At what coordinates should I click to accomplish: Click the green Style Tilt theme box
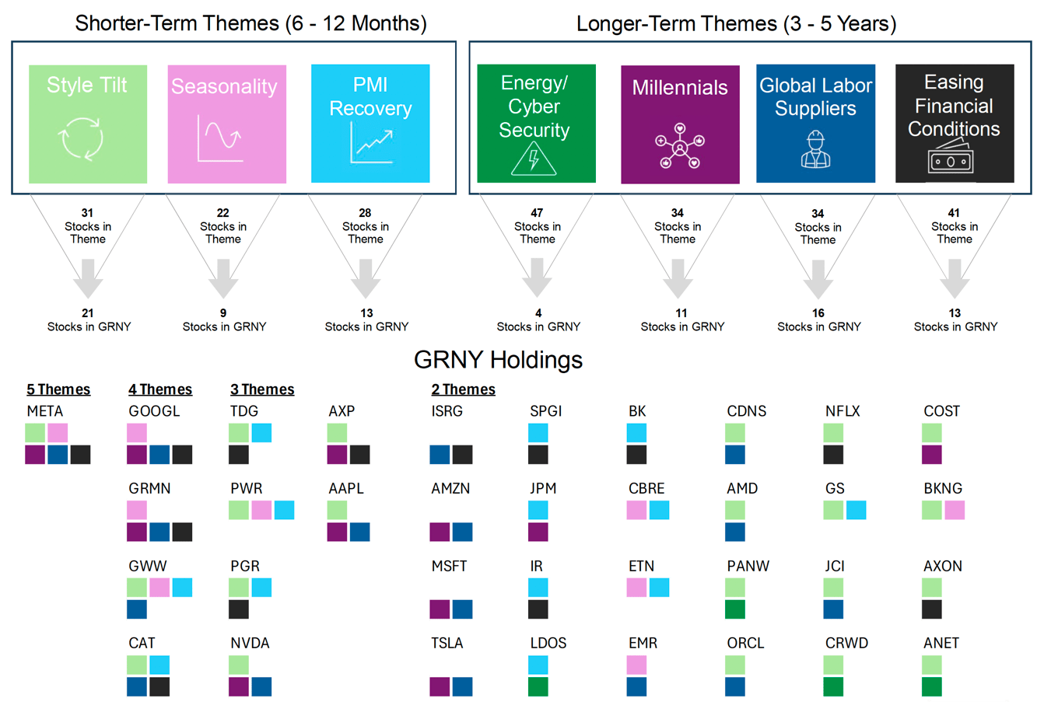click(x=88, y=124)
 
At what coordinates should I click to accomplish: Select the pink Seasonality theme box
click(x=226, y=124)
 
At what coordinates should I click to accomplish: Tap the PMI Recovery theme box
click(x=370, y=124)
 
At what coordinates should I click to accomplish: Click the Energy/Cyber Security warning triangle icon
click(x=534, y=159)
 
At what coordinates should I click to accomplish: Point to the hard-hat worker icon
click(x=815, y=149)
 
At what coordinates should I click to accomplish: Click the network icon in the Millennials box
click(x=680, y=145)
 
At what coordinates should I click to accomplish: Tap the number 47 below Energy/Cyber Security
click(x=537, y=212)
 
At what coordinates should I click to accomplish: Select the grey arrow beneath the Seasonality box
click(x=223, y=278)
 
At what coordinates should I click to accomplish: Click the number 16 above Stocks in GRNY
click(x=818, y=313)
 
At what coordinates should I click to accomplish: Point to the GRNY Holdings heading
click(x=498, y=360)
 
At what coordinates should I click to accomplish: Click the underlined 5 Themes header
click(x=58, y=389)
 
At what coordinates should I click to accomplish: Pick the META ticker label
click(x=45, y=411)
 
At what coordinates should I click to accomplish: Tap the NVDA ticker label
click(x=250, y=644)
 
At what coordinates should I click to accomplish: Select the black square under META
click(x=80, y=455)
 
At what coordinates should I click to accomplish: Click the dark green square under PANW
click(x=735, y=609)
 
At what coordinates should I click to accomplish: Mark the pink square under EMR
click(x=636, y=665)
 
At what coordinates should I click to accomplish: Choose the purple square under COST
click(x=932, y=455)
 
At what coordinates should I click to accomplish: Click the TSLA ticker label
click(x=447, y=644)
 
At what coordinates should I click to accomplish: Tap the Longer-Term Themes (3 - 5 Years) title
click(x=736, y=23)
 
